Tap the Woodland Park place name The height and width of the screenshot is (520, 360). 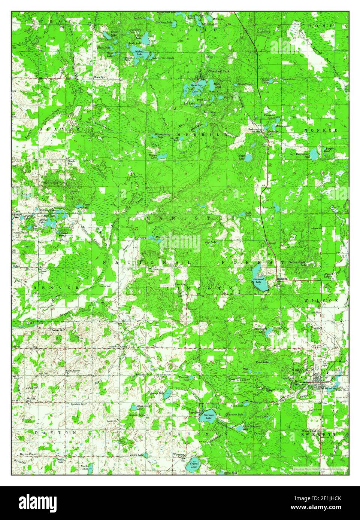[x=219, y=71]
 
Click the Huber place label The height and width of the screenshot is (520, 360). [x=16, y=267]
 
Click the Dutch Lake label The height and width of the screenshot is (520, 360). [x=138, y=455]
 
